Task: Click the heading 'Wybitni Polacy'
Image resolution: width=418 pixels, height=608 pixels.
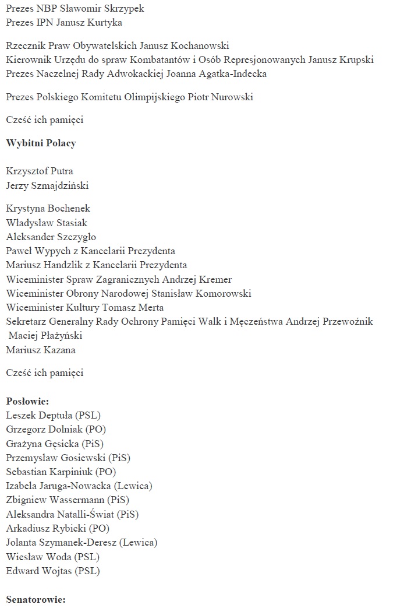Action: coord(41,143)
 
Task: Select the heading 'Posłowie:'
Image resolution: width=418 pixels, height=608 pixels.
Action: coord(27,402)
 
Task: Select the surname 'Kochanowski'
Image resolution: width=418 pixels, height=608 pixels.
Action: coord(198,46)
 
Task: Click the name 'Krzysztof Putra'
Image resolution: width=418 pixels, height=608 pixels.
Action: coord(40,171)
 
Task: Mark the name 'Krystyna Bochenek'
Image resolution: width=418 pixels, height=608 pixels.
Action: coord(48,209)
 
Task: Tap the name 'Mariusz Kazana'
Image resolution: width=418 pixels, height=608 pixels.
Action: coord(41,350)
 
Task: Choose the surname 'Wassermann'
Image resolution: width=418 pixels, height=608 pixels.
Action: coord(76,500)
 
